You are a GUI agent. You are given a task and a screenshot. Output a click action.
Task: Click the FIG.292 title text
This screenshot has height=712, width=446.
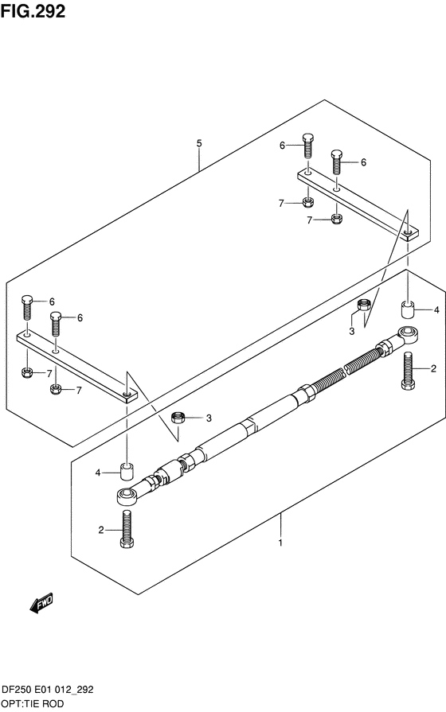[x=33, y=11]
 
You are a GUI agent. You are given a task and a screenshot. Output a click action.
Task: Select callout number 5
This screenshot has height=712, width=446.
[x=199, y=143]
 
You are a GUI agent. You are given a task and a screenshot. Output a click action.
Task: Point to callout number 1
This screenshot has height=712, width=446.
[x=280, y=543]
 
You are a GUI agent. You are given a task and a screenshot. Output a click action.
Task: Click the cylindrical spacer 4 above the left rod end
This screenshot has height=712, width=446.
[x=126, y=471]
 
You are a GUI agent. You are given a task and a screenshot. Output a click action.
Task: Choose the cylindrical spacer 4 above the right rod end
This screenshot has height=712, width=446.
[x=408, y=309]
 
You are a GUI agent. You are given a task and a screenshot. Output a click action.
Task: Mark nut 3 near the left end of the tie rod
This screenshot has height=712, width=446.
[x=178, y=417]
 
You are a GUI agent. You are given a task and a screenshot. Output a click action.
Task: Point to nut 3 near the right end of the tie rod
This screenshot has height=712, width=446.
[x=363, y=305]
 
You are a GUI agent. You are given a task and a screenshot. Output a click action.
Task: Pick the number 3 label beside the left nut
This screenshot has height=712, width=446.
[x=209, y=418]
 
